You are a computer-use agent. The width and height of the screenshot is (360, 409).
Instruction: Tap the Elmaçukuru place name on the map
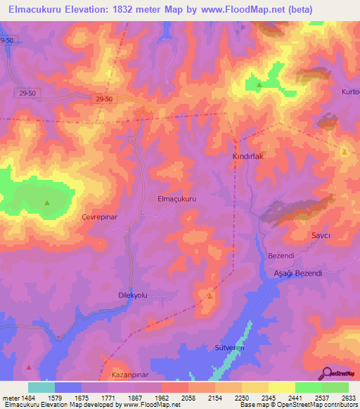tap(176, 199)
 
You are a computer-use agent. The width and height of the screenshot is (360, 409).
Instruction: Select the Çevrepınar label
tap(103, 217)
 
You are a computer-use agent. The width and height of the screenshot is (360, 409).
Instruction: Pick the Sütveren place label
tap(228, 348)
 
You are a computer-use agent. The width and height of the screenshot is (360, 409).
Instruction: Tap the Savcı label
tap(321, 235)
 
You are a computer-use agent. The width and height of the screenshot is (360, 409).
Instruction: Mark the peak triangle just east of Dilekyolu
tap(210, 296)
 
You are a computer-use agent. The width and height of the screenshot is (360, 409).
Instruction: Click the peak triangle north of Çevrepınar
tap(47, 203)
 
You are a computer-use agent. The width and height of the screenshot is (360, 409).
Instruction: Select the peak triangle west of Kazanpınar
tap(28, 367)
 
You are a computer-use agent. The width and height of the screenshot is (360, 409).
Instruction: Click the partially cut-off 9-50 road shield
tap(7, 41)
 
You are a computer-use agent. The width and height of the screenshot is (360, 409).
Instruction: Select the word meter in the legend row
tap(8, 398)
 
